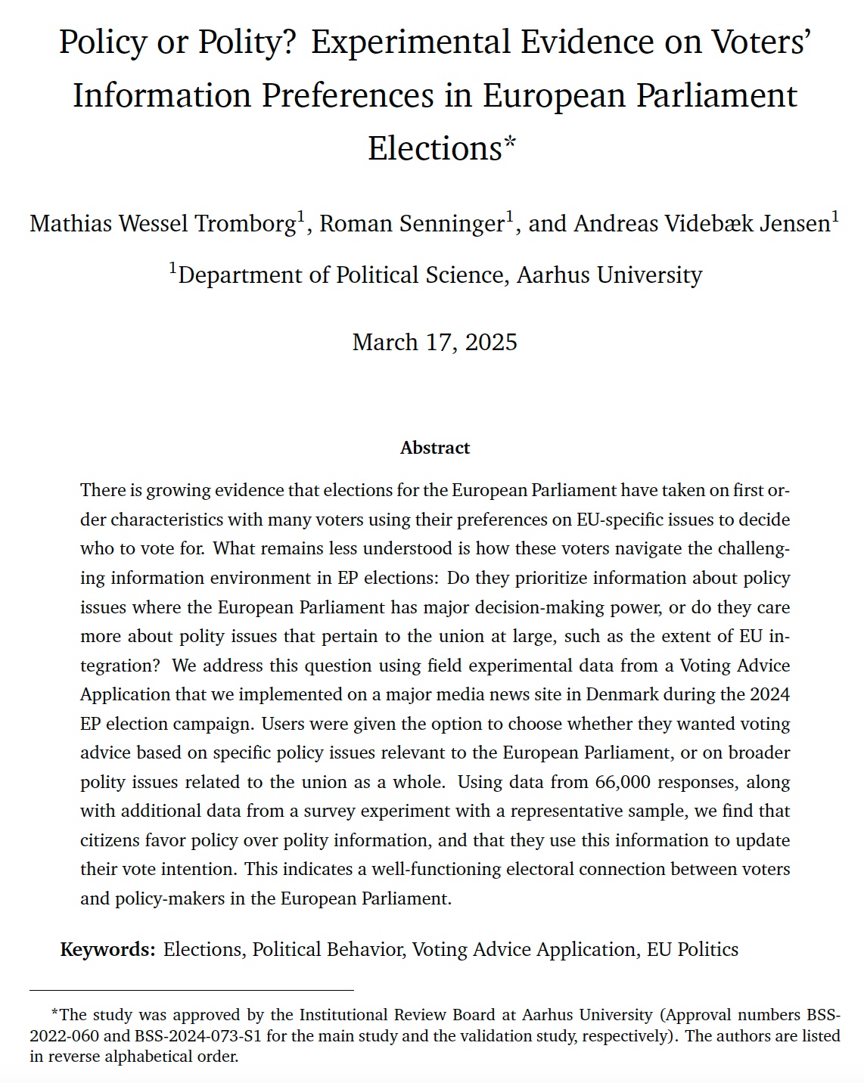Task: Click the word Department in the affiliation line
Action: (x=240, y=275)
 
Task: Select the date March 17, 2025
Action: (x=435, y=342)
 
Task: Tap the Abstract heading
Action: (x=435, y=448)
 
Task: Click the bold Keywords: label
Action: (x=108, y=949)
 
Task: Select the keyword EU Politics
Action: (x=692, y=949)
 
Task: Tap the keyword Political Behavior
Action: (x=328, y=949)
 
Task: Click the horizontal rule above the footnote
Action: (x=191, y=990)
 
